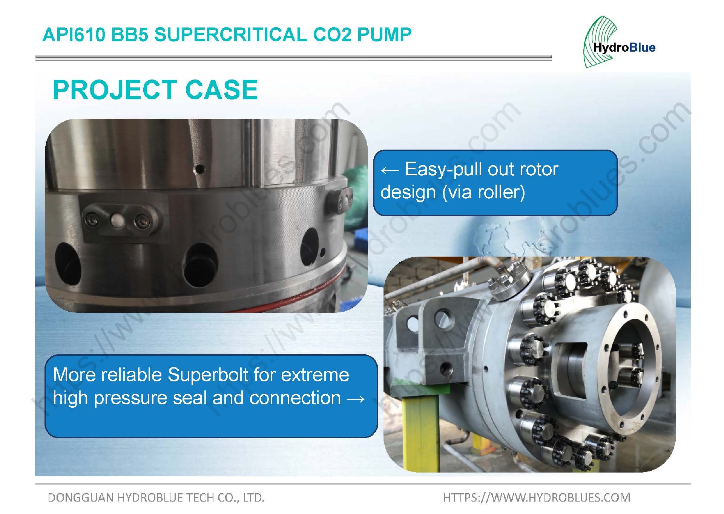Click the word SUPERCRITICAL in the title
pyautogui.click(x=230, y=35)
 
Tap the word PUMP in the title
pyautogui.click(x=384, y=35)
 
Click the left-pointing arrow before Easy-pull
pyautogui.click(x=390, y=170)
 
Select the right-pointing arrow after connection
pyautogui.click(x=355, y=399)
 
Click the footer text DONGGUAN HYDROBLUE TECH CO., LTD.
pyautogui.click(x=156, y=497)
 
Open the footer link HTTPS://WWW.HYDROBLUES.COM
pyautogui.click(x=537, y=497)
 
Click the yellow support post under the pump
pyautogui.click(x=420, y=433)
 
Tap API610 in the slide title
pyautogui.click(x=74, y=35)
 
